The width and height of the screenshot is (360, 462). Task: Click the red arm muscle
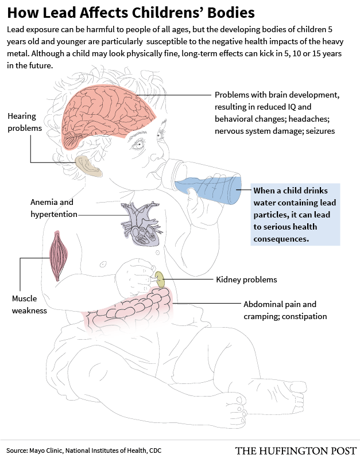coord(59,255)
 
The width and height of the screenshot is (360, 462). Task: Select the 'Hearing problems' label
coord(24,122)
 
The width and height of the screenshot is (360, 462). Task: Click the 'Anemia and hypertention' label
coord(52,208)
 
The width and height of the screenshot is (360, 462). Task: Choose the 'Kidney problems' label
coord(246,279)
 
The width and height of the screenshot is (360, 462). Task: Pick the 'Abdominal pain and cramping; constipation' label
coord(284,310)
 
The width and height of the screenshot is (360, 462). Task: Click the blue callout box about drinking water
coord(295,214)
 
